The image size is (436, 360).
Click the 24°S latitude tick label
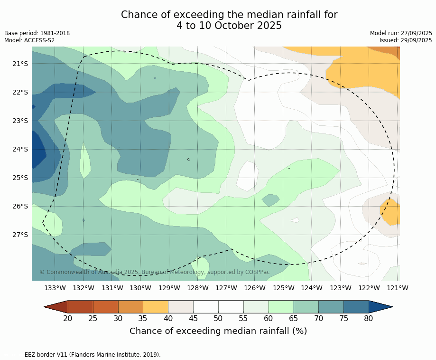pos(20,149)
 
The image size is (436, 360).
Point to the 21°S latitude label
pos(20,64)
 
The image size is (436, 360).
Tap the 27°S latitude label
pos(20,235)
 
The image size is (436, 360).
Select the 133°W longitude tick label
pos(55,288)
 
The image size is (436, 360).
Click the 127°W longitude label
pos(226,288)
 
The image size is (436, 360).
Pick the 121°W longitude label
pos(398,288)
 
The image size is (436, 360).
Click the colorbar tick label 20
pos(68,318)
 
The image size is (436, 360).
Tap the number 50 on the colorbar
pos(218,318)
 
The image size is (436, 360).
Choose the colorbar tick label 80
pos(369,318)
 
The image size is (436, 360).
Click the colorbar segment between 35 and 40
pos(156,307)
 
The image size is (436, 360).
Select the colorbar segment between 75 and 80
pos(356,307)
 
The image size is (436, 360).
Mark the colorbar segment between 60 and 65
pos(281,307)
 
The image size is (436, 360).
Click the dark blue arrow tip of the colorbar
pos(382,307)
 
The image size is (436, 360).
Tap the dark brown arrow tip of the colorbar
pos(55,307)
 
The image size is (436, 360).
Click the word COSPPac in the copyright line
pos(258,272)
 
